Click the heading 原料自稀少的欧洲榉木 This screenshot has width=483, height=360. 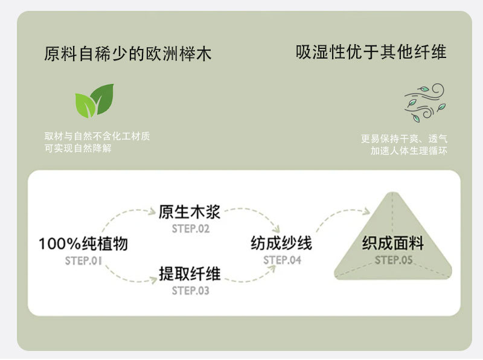pos(128,54)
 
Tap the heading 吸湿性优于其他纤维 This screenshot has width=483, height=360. pos(371,52)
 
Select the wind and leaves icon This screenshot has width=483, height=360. pos(424,101)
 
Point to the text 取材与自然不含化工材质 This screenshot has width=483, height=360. pos(97,137)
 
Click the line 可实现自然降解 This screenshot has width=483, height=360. pos(78,148)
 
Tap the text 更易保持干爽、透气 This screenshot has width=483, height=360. pos(404,139)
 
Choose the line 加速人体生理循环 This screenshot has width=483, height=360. pos(409,151)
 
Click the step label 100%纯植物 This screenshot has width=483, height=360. pos(83,244)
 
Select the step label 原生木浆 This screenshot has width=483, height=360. pos(190,213)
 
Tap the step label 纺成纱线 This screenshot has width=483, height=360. pos(281,243)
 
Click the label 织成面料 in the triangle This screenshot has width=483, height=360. pos(393,243)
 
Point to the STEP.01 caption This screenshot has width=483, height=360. pos(83,261)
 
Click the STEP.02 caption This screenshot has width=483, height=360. pos(190,229)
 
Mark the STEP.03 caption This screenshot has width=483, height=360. pos(190,291)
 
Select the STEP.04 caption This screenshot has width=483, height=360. pos(282,260)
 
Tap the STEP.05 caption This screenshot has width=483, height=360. pos(393,260)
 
